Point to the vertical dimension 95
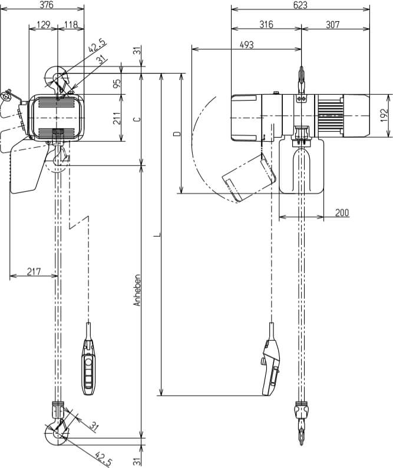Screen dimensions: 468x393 [117, 84]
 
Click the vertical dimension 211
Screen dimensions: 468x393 [117, 118]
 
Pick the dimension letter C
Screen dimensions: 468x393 [137, 118]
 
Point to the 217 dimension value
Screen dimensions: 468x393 [34, 271]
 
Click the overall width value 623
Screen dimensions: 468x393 [300, 5]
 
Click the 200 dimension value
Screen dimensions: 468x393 [342, 213]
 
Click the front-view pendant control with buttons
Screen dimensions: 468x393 [88, 368]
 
